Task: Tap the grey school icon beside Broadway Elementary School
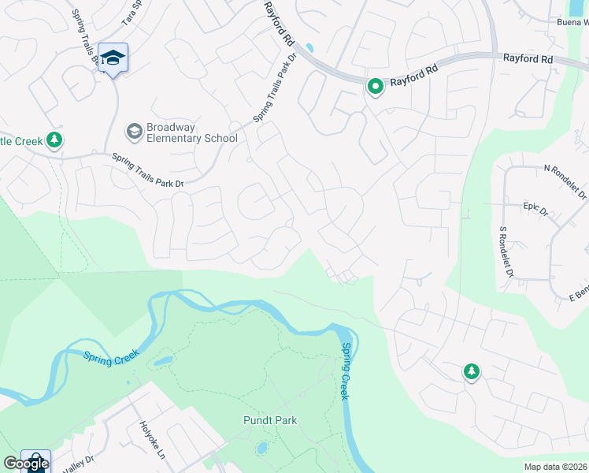(134, 130)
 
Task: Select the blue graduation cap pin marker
(113, 58)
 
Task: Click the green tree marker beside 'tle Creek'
(54, 140)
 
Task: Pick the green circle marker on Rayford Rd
(376, 86)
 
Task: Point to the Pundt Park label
(270, 420)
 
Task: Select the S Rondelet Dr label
(506, 253)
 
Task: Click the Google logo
(26, 464)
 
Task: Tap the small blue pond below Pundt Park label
(261, 449)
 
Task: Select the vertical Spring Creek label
(345, 371)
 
